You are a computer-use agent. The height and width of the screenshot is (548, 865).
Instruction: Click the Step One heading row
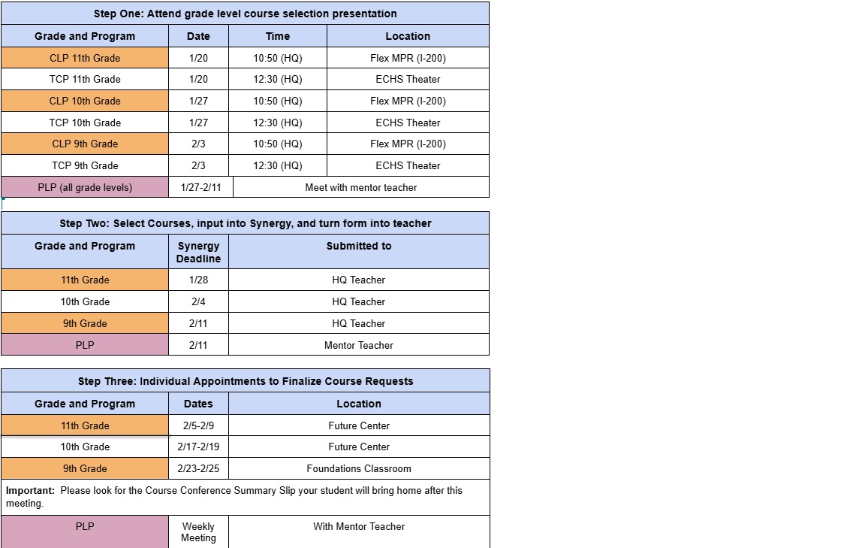(x=245, y=14)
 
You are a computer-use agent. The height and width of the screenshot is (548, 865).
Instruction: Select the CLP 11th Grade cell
(x=85, y=58)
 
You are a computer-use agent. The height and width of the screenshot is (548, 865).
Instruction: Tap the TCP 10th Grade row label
(x=85, y=123)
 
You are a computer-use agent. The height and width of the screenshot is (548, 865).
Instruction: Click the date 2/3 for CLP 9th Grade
(x=198, y=144)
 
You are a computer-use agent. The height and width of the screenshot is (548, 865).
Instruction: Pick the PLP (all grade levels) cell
(x=85, y=187)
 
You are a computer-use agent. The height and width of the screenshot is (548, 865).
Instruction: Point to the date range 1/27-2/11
(x=200, y=187)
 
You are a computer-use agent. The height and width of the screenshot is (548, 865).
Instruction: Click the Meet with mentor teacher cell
(x=360, y=187)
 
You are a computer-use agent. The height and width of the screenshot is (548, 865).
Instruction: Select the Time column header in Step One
(x=277, y=36)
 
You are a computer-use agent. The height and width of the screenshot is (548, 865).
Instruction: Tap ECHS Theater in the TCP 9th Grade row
(x=408, y=165)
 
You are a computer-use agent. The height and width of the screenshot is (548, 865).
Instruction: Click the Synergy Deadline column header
(x=198, y=252)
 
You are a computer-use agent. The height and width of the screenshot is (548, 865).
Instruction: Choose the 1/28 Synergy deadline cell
(x=198, y=280)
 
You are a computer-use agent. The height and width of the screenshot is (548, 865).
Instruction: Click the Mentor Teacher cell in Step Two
(x=358, y=345)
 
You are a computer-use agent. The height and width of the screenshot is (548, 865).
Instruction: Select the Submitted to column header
(x=358, y=246)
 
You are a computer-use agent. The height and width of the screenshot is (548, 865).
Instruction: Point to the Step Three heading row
(x=245, y=381)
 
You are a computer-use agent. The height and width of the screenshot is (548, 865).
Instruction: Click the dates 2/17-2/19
(x=198, y=447)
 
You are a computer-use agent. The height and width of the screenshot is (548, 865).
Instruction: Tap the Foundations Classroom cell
(x=358, y=468)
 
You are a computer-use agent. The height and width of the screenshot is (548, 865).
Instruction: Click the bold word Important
(x=30, y=490)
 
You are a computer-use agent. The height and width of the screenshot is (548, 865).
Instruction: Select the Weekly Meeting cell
(x=198, y=532)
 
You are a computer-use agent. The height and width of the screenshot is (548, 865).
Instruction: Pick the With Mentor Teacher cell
(x=358, y=526)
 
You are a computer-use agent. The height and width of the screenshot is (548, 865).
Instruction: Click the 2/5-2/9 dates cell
(x=198, y=425)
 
